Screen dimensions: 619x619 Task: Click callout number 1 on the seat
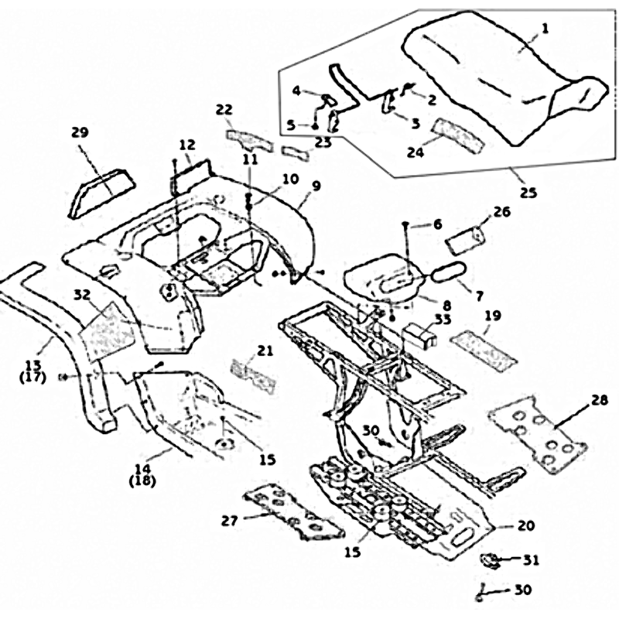(545, 29)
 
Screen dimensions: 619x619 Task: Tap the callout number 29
(80, 133)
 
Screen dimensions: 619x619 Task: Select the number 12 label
(188, 144)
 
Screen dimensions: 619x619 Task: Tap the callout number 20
(525, 525)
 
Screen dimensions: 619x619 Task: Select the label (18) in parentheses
(145, 480)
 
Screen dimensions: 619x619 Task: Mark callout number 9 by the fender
(316, 186)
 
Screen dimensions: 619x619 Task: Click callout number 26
(501, 210)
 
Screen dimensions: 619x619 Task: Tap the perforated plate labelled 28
(539, 435)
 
